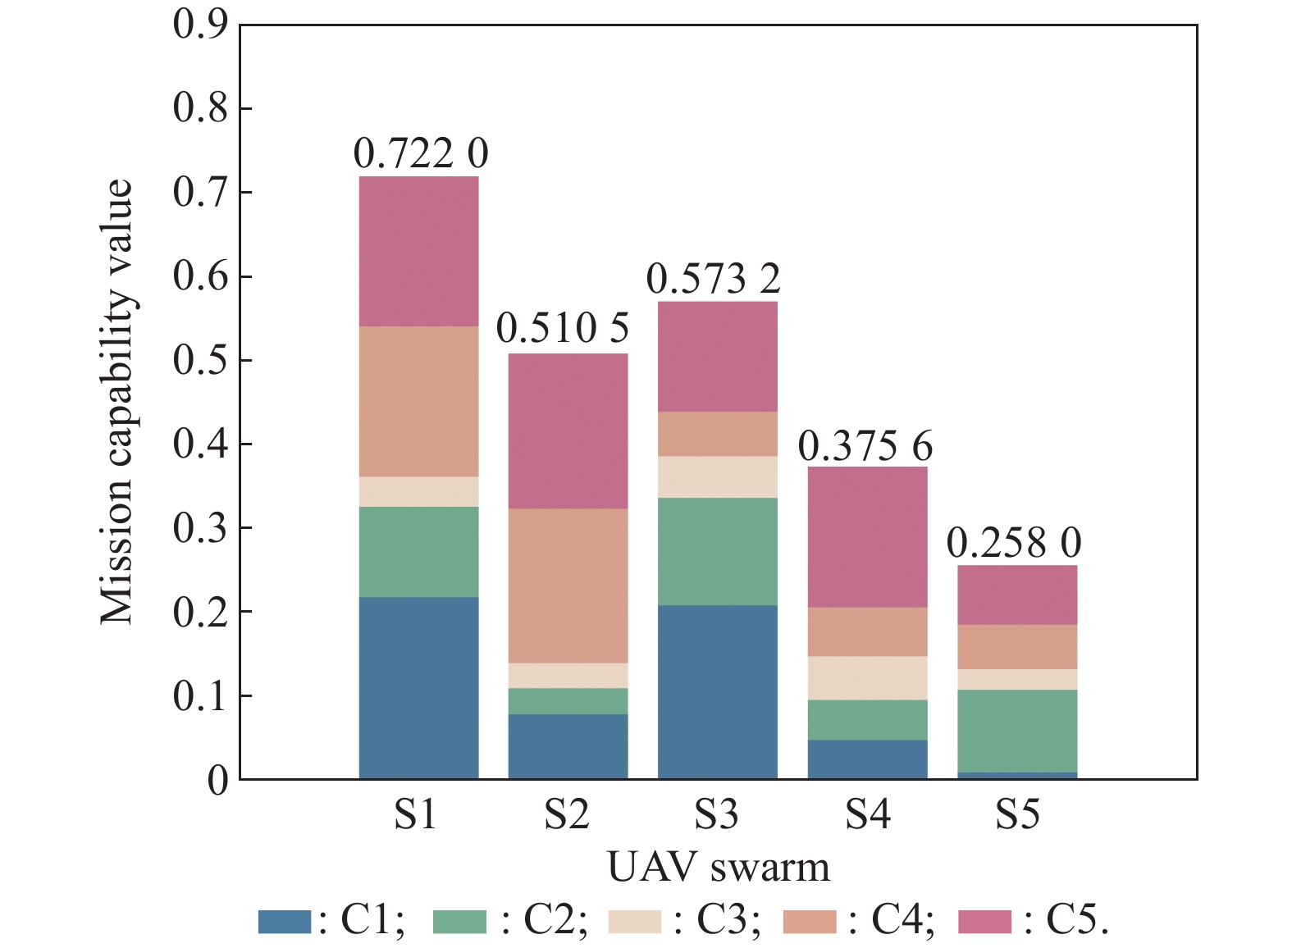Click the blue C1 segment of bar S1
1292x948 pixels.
pos(418,687)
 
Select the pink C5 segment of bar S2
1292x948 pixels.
pos(568,431)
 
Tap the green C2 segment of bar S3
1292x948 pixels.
pos(717,551)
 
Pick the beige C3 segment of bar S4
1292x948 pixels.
pos(867,677)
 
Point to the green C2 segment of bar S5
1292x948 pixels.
pos(1017,731)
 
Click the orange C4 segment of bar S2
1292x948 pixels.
pos(568,586)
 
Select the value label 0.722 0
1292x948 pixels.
pos(421,153)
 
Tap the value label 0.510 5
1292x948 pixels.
pos(563,329)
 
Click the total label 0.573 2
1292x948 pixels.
pos(713,279)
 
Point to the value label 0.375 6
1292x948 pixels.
pos(865,446)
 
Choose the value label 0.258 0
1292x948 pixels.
pos(1014,543)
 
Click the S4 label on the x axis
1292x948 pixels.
pos(867,814)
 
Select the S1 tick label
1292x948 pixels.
pos(416,814)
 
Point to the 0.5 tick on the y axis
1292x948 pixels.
pos(200,361)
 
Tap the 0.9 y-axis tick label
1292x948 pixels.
pos(200,25)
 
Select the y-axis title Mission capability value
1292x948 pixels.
pos(116,402)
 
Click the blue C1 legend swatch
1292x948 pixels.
pos(285,922)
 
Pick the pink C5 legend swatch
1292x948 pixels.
pos(984,922)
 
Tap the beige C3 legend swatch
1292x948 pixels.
pos(634,922)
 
